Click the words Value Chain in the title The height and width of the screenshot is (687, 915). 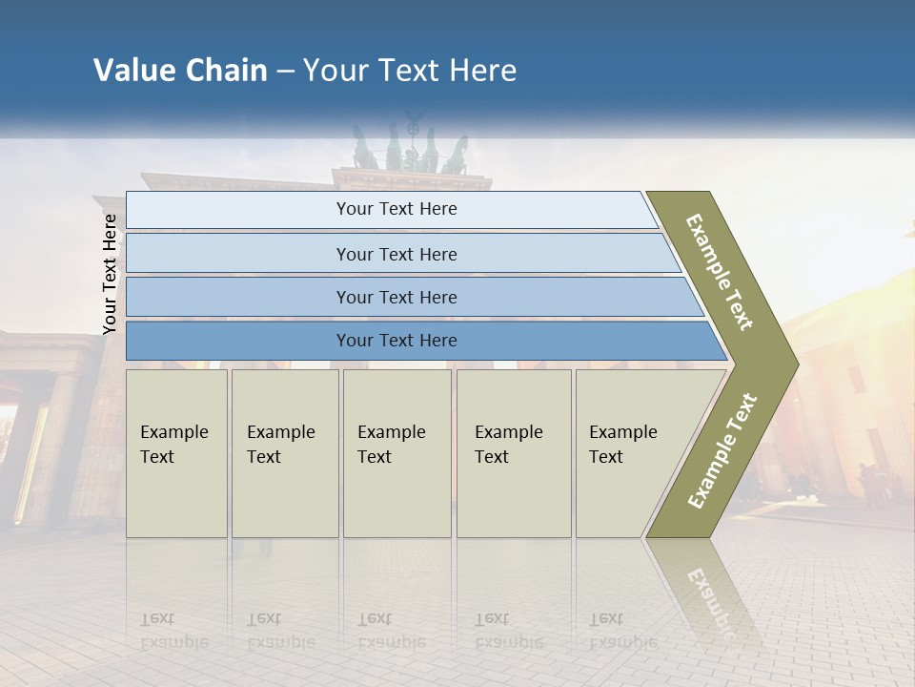(x=180, y=71)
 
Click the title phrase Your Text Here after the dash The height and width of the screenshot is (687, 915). (x=409, y=71)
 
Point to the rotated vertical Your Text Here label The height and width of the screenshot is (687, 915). (x=110, y=274)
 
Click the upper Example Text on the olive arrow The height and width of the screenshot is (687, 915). (x=720, y=272)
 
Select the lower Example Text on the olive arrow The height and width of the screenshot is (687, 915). (x=722, y=450)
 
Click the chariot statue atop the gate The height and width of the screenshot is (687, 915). (x=411, y=148)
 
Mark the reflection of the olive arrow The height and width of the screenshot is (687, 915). (x=710, y=596)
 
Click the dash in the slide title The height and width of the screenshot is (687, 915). (x=285, y=72)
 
